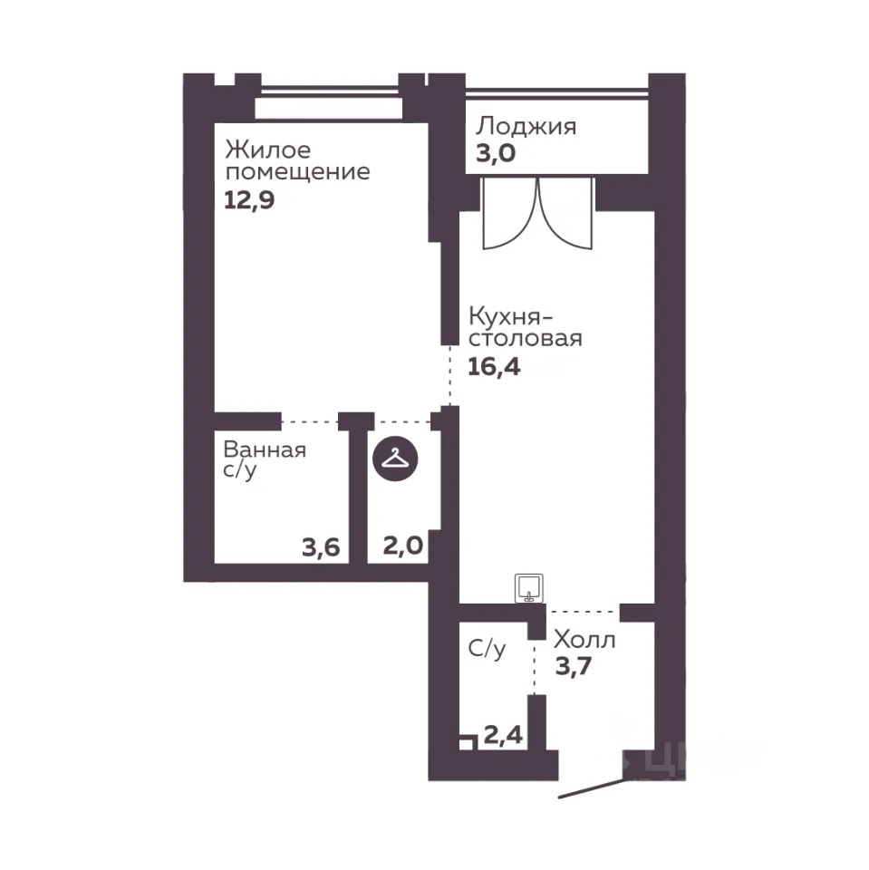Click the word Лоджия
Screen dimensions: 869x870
pos(526,127)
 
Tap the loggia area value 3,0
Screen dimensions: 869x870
pos(496,152)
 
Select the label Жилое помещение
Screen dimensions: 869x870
pos(297,160)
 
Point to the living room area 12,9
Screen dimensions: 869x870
pos(249,199)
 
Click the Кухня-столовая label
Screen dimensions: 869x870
pos(525,327)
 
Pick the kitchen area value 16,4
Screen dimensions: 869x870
pos(494,367)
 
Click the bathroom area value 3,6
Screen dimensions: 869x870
pos(321,547)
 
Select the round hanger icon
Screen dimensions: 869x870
pos(395,459)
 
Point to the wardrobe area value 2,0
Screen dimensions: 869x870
pos(403,546)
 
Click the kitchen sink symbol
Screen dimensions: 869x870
pos(529,588)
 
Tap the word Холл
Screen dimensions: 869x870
pos(584,641)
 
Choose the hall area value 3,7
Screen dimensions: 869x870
pos(574,666)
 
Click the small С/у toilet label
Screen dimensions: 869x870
pos(487,648)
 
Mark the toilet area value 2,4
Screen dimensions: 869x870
pos(503,735)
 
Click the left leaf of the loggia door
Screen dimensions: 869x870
pos(509,213)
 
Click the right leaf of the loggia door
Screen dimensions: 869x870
pos(566,213)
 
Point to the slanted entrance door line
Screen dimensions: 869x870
pos(592,789)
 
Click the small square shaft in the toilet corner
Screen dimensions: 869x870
pos(468,742)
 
